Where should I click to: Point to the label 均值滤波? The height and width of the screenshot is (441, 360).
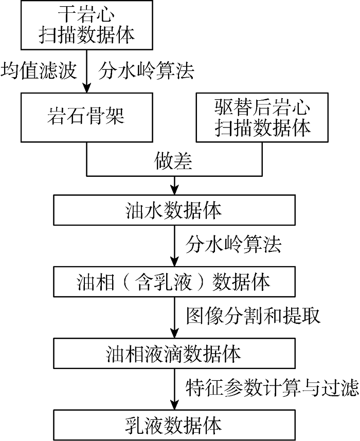click(39, 70)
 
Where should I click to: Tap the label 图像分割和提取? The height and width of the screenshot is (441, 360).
click(253, 315)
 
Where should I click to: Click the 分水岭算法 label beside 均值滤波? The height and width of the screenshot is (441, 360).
click(146, 70)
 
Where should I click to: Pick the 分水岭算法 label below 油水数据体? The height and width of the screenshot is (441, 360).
click(233, 244)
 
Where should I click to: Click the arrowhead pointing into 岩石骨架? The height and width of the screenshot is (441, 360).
click(87, 88)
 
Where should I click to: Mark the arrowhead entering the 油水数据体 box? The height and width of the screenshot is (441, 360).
click(174, 190)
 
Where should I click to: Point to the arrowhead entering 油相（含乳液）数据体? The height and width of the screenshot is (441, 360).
click(174, 262)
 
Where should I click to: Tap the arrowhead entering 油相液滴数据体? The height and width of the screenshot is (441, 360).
click(174, 333)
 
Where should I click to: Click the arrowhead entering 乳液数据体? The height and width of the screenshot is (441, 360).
click(174, 405)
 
